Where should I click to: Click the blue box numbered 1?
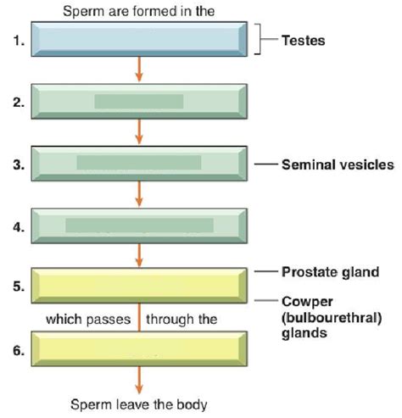click(x=139, y=40)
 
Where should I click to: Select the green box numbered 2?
click(x=139, y=102)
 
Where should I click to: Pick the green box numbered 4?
click(x=139, y=225)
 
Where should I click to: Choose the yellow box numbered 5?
click(x=139, y=286)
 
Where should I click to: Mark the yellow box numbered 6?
click(x=139, y=348)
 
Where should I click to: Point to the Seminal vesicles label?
click(x=337, y=165)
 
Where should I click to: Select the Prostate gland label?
click(x=329, y=272)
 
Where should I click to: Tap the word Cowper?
click(x=304, y=301)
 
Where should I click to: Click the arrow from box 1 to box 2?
click(x=139, y=70)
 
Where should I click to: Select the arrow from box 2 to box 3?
click(x=139, y=132)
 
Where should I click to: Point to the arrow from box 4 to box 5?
click(x=139, y=255)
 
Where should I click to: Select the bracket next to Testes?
click(x=257, y=39)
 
